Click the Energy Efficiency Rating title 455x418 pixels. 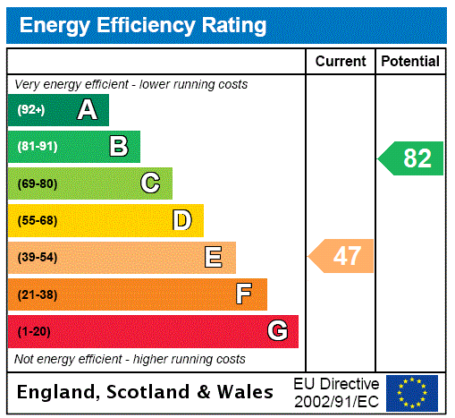(143, 25)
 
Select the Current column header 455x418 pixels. (341, 62)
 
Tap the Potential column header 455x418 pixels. (410, 62)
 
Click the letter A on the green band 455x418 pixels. (87, 110)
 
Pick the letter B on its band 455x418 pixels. (118, 147)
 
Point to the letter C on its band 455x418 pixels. (150, 183)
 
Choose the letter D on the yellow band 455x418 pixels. (181, 220)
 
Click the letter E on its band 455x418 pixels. (214, 258)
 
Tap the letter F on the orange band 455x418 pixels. (244, 294)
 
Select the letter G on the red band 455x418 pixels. (277, 331)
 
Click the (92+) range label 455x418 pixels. (31, 110)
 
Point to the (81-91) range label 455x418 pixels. (37, 147)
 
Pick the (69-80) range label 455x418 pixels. (37, 183)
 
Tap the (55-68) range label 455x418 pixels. (37, 221)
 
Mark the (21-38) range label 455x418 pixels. (37, 294)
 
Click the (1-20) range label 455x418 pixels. (34, 332)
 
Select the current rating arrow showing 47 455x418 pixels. (342, 256)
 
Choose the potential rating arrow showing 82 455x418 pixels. (412, 158)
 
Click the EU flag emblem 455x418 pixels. (412, 392)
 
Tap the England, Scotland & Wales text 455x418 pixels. (146, 392)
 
